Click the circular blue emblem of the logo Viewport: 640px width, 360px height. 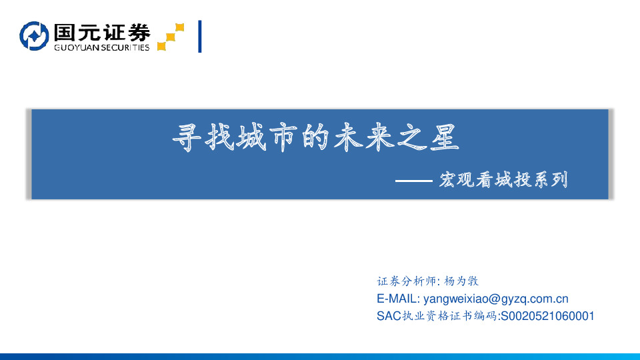click(x=34, y=36)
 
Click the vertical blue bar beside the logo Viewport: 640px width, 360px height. click(x=200, y=37)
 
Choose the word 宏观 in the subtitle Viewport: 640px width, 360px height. click(x=454, y=180)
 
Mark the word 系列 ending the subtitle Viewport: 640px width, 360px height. click(x=553, y=180)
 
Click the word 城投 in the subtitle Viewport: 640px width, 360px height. click(x=503, y=180)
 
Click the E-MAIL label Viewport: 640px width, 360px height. click(x=398, y=299)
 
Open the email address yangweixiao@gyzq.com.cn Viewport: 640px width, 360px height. click(x=496, y=299)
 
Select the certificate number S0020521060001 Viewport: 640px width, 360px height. click(x=547, y=316)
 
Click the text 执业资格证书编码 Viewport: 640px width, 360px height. click(x=448, y=316)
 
